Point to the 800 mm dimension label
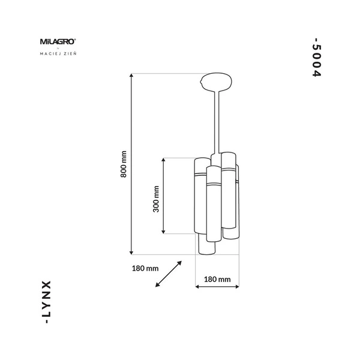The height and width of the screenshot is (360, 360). (124, 164)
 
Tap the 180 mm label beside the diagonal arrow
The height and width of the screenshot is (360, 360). (144, 268)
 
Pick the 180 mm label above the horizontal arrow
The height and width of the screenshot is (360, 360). (218, 279)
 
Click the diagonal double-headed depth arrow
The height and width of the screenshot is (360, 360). (169, 274)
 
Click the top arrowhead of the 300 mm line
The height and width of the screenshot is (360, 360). (164, 160)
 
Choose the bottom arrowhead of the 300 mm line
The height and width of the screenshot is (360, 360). (164, 232)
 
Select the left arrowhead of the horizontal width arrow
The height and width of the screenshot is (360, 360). (198, 287)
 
